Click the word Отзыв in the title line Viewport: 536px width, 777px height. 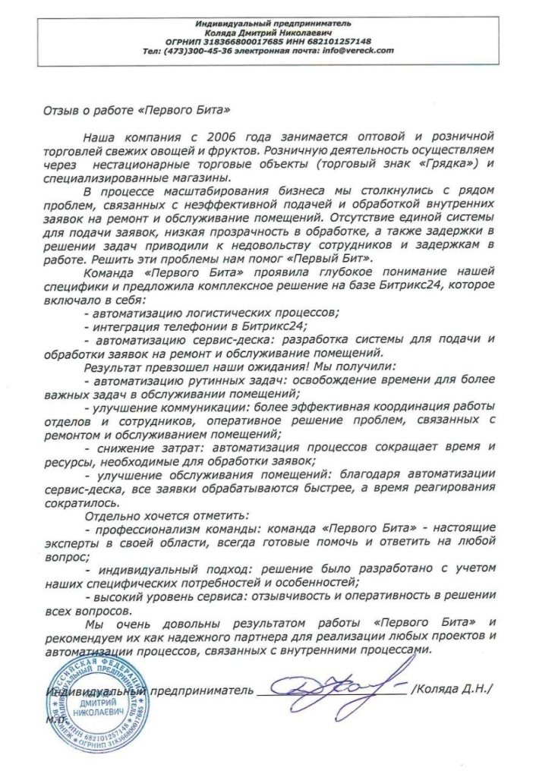[x=61, y=109]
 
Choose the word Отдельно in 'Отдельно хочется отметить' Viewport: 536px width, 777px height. [x=112, y=514]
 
